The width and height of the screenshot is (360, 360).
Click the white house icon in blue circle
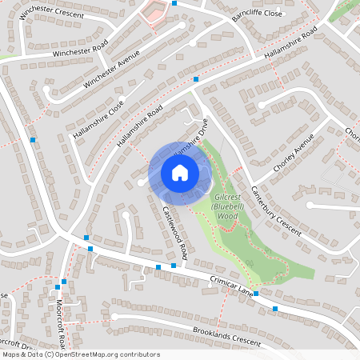(x=180, y=172)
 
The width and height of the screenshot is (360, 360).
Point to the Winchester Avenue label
(x=112, y=70)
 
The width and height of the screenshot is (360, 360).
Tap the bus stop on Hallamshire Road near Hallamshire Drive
(x=196, y=78)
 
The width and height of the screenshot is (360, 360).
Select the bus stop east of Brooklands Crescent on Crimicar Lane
(x=275, y=308)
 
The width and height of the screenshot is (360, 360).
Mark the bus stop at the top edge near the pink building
(x=173, y=3)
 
